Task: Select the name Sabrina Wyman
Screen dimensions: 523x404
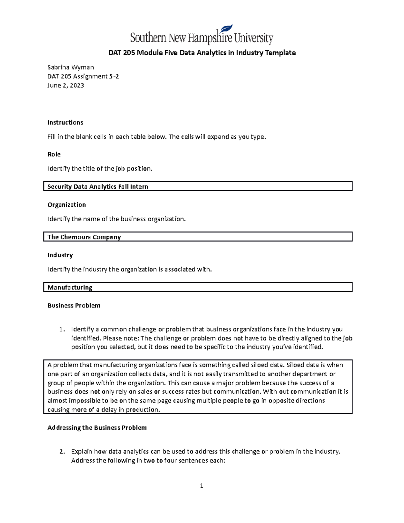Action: pos(71,67)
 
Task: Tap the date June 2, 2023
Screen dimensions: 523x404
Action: pos(66,86)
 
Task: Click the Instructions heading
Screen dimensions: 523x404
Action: pos(65,123)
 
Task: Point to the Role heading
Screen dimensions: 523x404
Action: pos(54,155)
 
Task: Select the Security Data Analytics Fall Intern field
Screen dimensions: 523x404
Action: pos(198,187)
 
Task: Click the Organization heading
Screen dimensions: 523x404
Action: pos(67,205)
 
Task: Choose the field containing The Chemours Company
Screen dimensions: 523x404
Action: pos(198,237)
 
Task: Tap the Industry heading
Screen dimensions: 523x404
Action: pos(60,255)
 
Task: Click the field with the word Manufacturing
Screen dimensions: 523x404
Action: pos(198,287)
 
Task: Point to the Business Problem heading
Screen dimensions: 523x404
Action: pos(74,306)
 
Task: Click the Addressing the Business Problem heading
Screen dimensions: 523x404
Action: pos(97,428)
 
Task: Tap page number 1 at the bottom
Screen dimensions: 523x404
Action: pos(201,486)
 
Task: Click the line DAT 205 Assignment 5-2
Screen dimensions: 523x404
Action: pos(83,76)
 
